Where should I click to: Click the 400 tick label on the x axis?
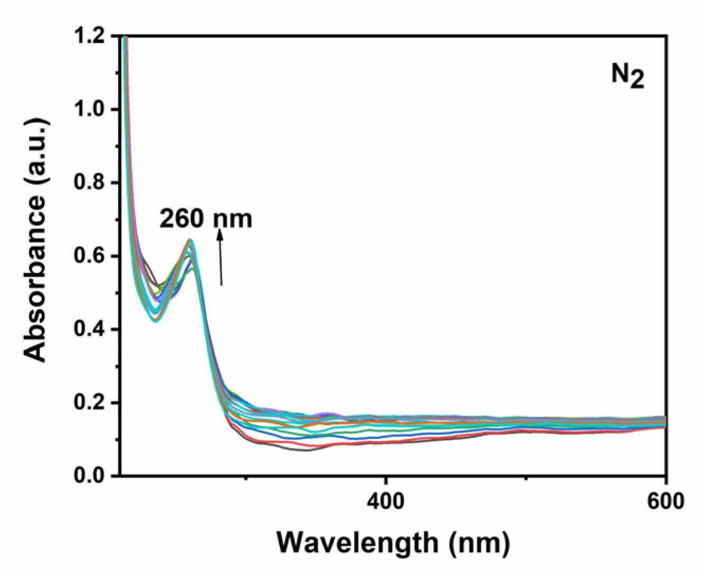tap(386, 500)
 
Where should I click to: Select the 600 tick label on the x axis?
tap(665, 500)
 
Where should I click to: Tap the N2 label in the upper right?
tap(628, 76)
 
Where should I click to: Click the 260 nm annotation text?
tap(206, 218)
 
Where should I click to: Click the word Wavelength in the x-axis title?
tap(358, 542)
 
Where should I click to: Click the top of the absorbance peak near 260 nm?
tap(190, 241)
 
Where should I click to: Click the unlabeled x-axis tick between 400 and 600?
tap(525, 479)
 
